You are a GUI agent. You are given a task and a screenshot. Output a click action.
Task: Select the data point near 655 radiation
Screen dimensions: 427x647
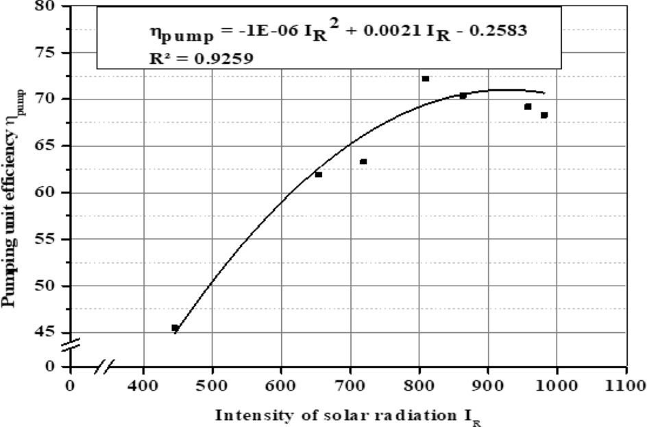pos(318,174)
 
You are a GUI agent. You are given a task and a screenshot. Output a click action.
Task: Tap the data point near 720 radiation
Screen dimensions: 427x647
pos(363,162)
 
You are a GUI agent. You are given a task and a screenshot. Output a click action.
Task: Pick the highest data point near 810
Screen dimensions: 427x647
pos(425,79)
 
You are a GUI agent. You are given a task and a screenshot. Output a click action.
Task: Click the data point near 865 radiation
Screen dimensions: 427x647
pos(463,96)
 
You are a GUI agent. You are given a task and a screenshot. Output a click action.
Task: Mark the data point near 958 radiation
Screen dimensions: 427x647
pos(527,106)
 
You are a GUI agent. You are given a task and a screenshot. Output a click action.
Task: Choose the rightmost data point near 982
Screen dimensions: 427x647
pos(544,115)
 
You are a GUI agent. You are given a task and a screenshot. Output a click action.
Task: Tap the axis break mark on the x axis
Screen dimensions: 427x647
pos(103,366)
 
